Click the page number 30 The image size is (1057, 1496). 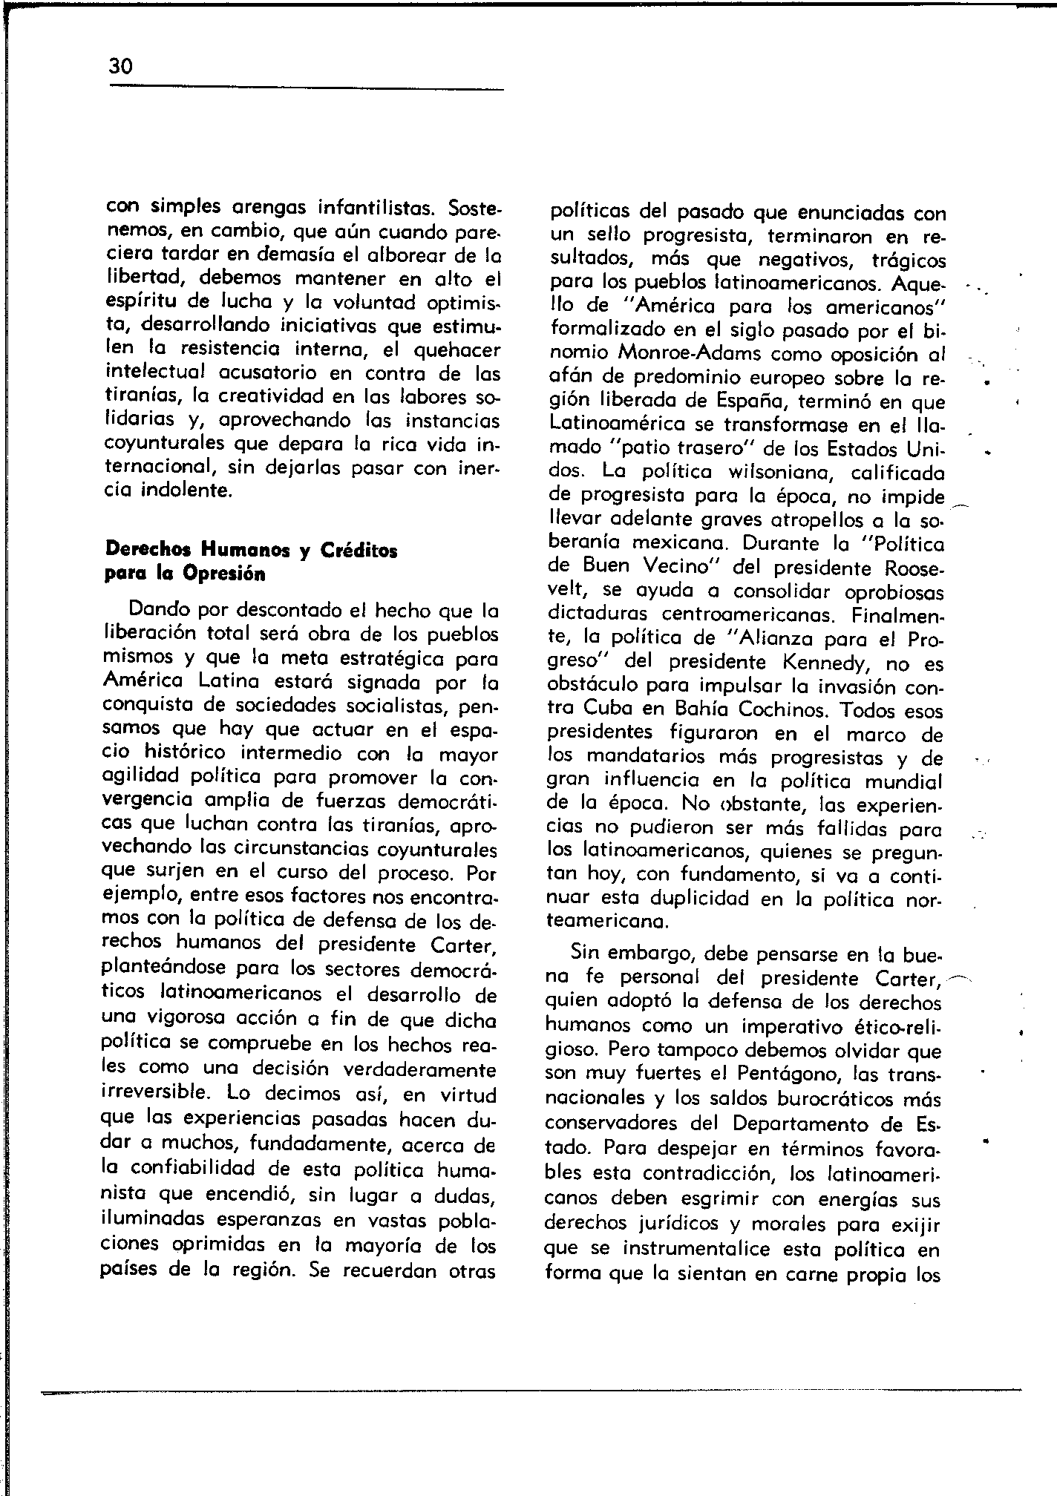tap(120, 68)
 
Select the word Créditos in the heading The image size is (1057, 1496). tap(359, 551)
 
